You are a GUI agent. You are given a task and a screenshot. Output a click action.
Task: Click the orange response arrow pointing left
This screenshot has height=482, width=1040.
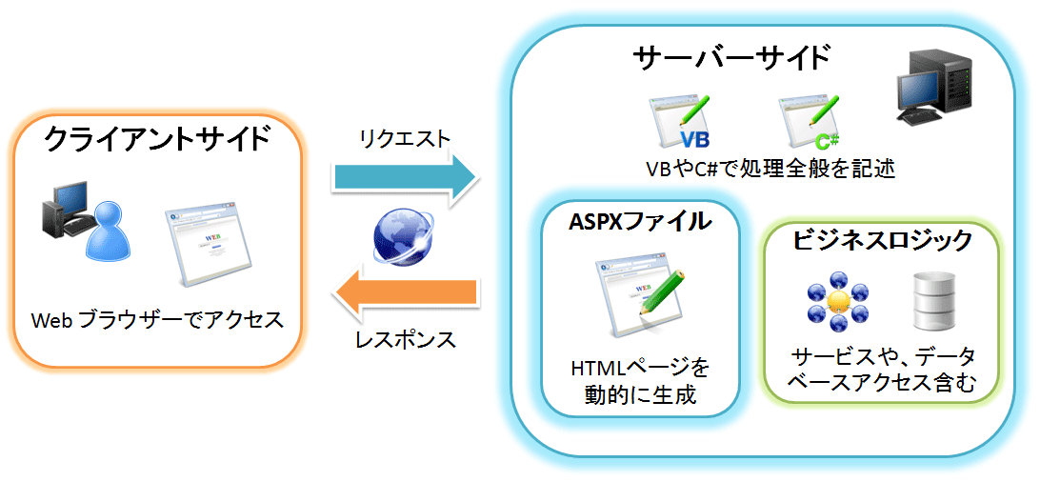point(405,293)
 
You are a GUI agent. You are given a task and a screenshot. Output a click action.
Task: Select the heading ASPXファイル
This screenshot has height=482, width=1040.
point(640,222)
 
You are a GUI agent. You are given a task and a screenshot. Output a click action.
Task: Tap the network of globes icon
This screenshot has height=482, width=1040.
point(838,303)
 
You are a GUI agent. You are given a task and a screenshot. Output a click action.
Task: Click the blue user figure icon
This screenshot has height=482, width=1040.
point(108,231)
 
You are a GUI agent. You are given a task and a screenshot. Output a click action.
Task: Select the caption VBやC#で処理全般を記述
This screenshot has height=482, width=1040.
point(771,169)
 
